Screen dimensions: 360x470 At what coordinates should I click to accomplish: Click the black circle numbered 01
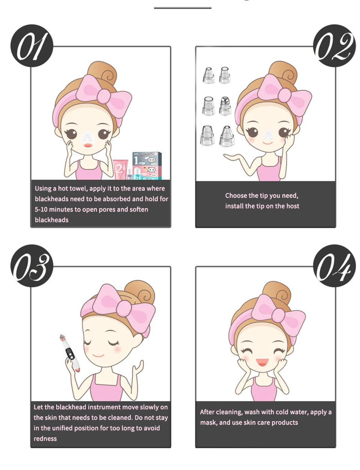[32, 46]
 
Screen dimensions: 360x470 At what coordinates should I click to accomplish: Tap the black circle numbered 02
[334, 46]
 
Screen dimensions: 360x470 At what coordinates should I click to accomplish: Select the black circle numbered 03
[32, 266]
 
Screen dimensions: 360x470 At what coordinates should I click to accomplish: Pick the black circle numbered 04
[334, 266]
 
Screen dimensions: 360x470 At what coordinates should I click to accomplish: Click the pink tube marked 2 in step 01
[120, 169]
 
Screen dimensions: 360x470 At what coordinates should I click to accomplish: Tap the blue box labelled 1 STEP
[147, 165]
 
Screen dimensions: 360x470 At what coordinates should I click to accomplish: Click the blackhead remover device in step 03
[70, 353]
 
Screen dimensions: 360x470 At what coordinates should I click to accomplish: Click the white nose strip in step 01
[88, 137]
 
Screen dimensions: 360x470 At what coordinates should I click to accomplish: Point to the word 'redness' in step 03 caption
[45, 438]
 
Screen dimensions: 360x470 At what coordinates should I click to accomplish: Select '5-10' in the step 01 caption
[41, 209]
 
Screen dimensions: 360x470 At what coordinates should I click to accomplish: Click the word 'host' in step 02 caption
[293, 206]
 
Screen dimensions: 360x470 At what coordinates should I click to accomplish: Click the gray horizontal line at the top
[183, 8]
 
